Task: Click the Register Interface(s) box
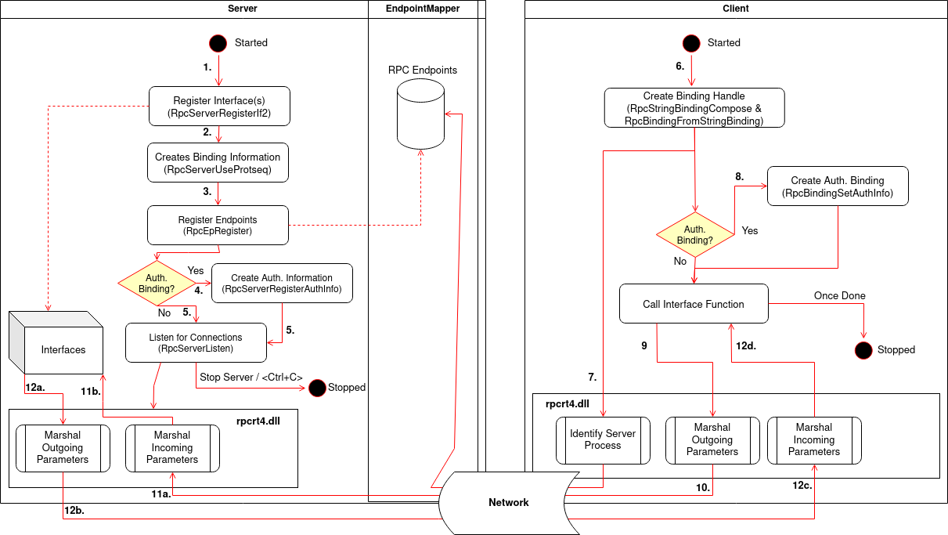[x=219, y=107]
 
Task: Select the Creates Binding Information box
[x=218, y=163]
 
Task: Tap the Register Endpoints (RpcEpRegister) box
[x=218, y=226]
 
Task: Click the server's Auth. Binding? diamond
[x=156, y=283]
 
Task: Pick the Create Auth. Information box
[x=282, y=284]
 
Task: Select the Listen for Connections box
[x=196, y=343]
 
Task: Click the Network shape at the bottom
[x=508, y=502]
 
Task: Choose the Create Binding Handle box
[x=694, y=108]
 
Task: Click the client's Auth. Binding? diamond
[x=694, y=235]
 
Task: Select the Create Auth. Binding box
[x=837, y=186]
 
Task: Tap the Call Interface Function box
[x=694, y=304]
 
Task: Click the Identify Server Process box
[x=602, y=440]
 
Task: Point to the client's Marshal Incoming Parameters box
[x=813, y=440]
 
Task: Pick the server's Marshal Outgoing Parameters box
[x=63, y=448]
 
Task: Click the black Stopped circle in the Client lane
[x=863, y=350]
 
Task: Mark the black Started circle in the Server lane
[x=218, y=43]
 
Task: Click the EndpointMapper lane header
[x=423, y=9]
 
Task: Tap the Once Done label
[x=839, y=296]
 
